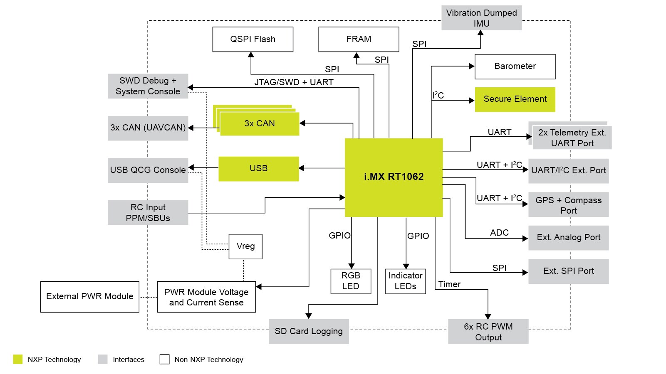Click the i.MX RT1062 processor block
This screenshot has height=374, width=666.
(x=394, y=177)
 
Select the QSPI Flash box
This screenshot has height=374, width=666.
(x=253, y=39)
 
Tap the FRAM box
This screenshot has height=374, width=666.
(x=359, y=39)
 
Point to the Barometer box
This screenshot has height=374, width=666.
(x=515, y=66)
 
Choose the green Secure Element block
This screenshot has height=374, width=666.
(x=515, y=99)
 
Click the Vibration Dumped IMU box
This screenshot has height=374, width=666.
(x=481, y=18)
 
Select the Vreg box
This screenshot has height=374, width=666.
(x=245, y=246)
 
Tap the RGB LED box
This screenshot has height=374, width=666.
(x=351, y=281)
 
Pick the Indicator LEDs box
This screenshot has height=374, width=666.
(x=405, y=281)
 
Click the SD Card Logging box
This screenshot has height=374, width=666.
(x=308, y=332)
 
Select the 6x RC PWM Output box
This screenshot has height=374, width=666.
(x=488, y=332)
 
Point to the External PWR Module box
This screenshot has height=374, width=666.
(x=89, y=297)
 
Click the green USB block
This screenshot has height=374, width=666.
(x=258, y=169)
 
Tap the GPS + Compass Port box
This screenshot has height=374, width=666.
(x=568, y=204)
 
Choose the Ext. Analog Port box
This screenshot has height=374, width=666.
(x=568, y=238)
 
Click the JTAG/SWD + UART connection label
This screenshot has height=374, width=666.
(x=294, y=82)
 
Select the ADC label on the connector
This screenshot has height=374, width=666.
(x=499, y=233)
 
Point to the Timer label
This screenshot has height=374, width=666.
(x=449, y=285)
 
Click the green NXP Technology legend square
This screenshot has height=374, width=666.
(x=17, y=359)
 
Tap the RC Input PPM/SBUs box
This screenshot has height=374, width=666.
(x=148, y=212)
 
